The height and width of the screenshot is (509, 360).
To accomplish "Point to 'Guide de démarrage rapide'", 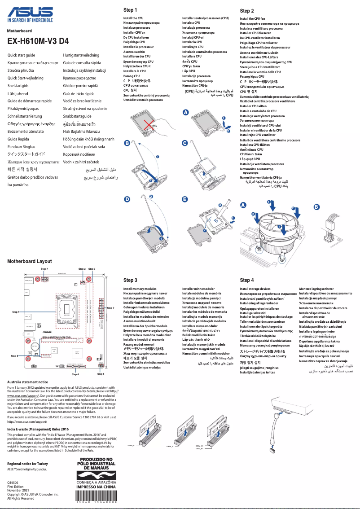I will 30,101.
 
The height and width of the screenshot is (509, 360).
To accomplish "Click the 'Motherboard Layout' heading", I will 30,261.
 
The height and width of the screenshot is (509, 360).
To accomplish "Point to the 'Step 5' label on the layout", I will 14,355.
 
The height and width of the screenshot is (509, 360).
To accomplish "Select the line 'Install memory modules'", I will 140,289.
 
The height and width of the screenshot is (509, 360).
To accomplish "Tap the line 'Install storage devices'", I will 255,289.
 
